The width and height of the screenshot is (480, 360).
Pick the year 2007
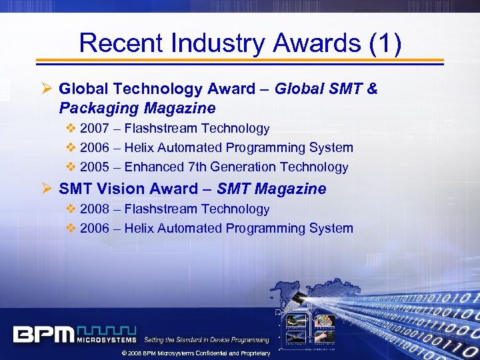94,128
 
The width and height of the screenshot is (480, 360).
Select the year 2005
94,167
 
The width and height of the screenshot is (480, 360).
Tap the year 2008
94,209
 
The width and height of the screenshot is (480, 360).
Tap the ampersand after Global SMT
371,89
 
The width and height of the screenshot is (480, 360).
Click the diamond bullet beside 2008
71,209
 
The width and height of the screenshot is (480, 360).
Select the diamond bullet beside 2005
71,167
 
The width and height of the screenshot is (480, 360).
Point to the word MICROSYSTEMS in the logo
107,339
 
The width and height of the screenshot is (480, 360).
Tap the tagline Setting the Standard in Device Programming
207,340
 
